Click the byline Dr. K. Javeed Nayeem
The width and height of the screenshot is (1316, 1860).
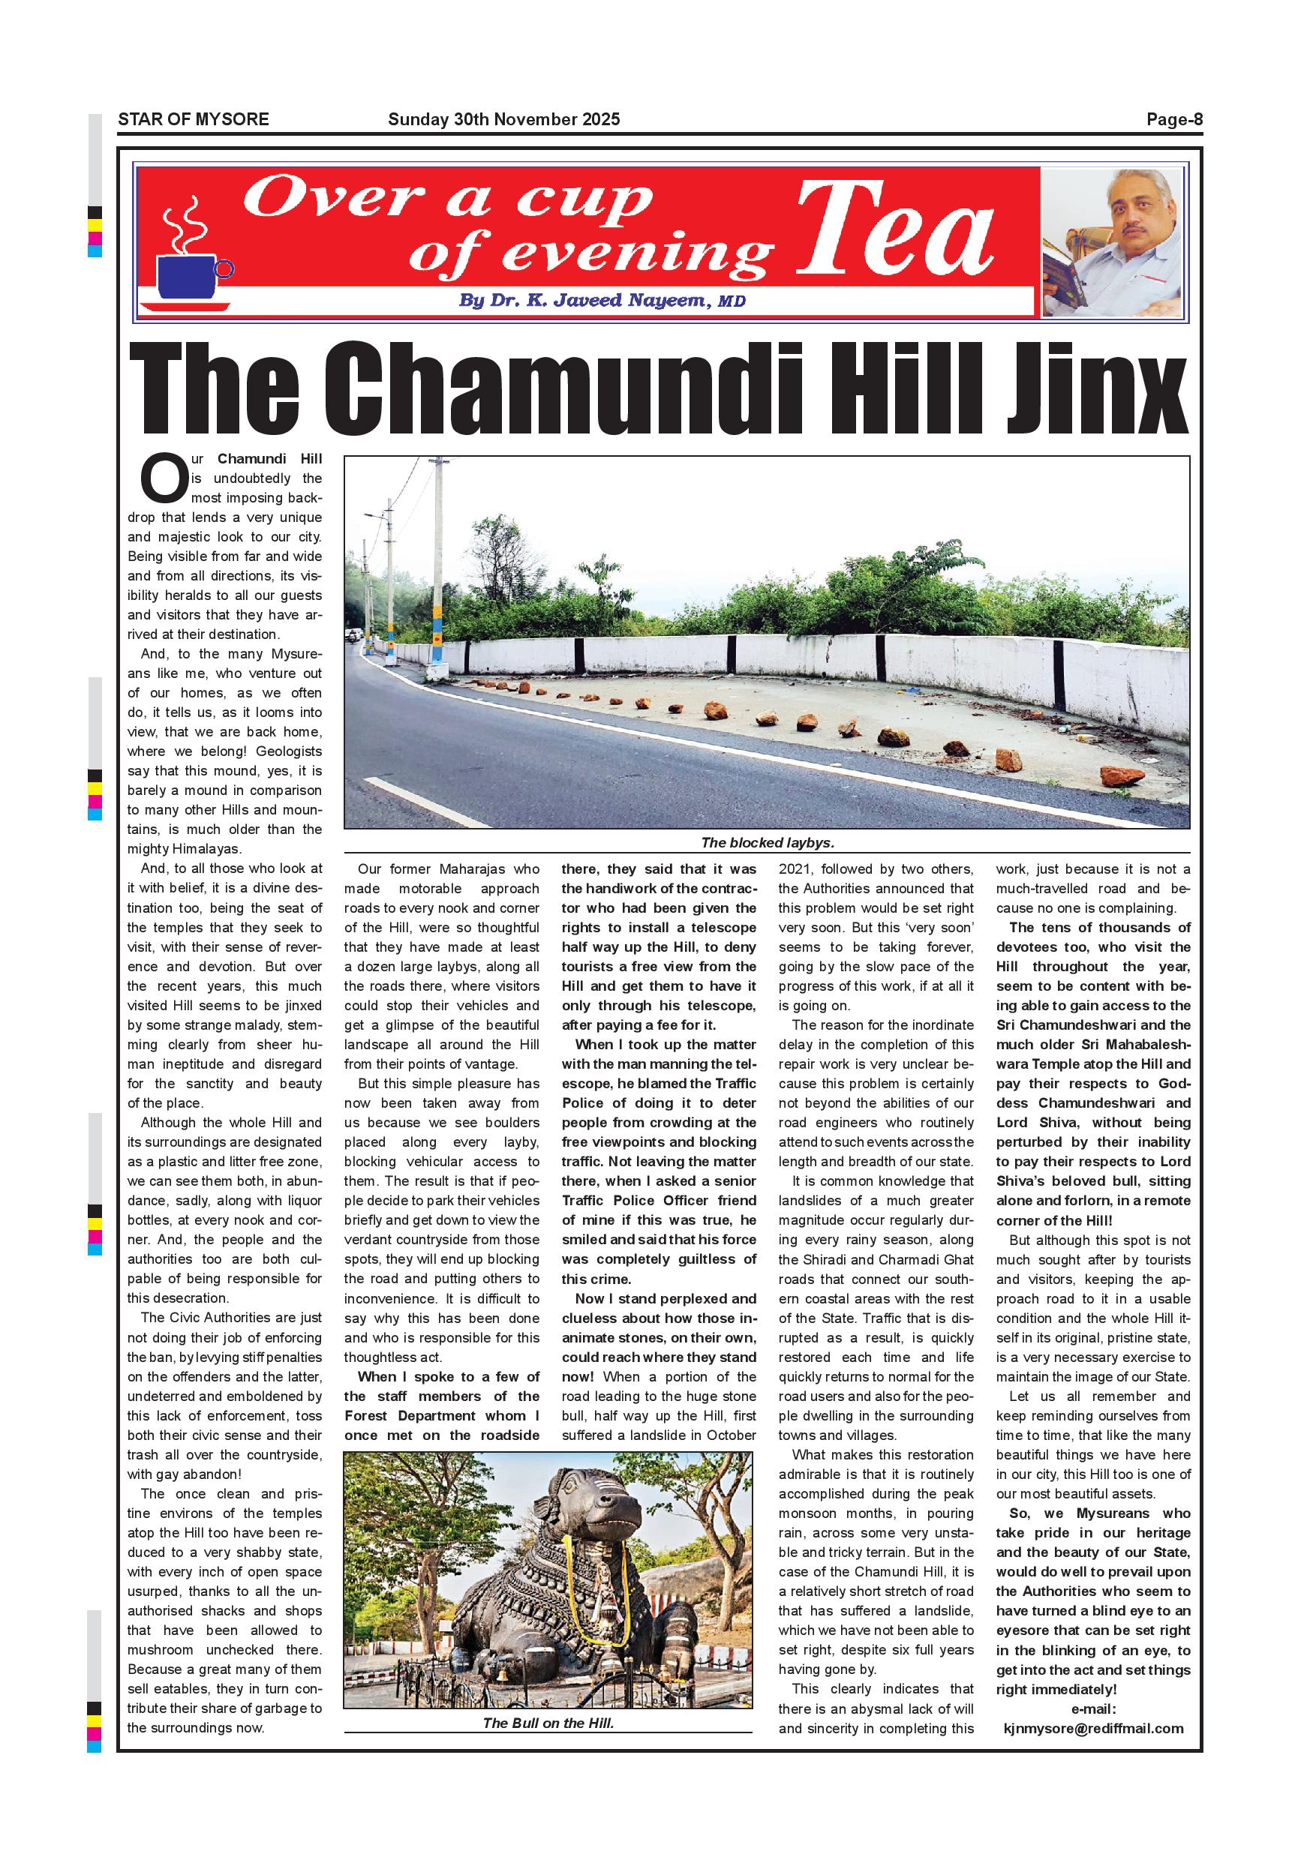[x=601, y=301]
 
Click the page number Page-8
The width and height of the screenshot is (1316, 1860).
[x=1174, y=120]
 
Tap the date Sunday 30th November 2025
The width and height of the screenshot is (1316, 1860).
[x=503, y=120]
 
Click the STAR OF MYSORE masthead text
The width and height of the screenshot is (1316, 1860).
[x=193, y=120]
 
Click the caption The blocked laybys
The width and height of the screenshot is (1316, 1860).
[x=767, y=842]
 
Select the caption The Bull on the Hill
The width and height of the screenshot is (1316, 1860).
[x=548, y=1723]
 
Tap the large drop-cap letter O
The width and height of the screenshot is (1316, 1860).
[x=164, y=478]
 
